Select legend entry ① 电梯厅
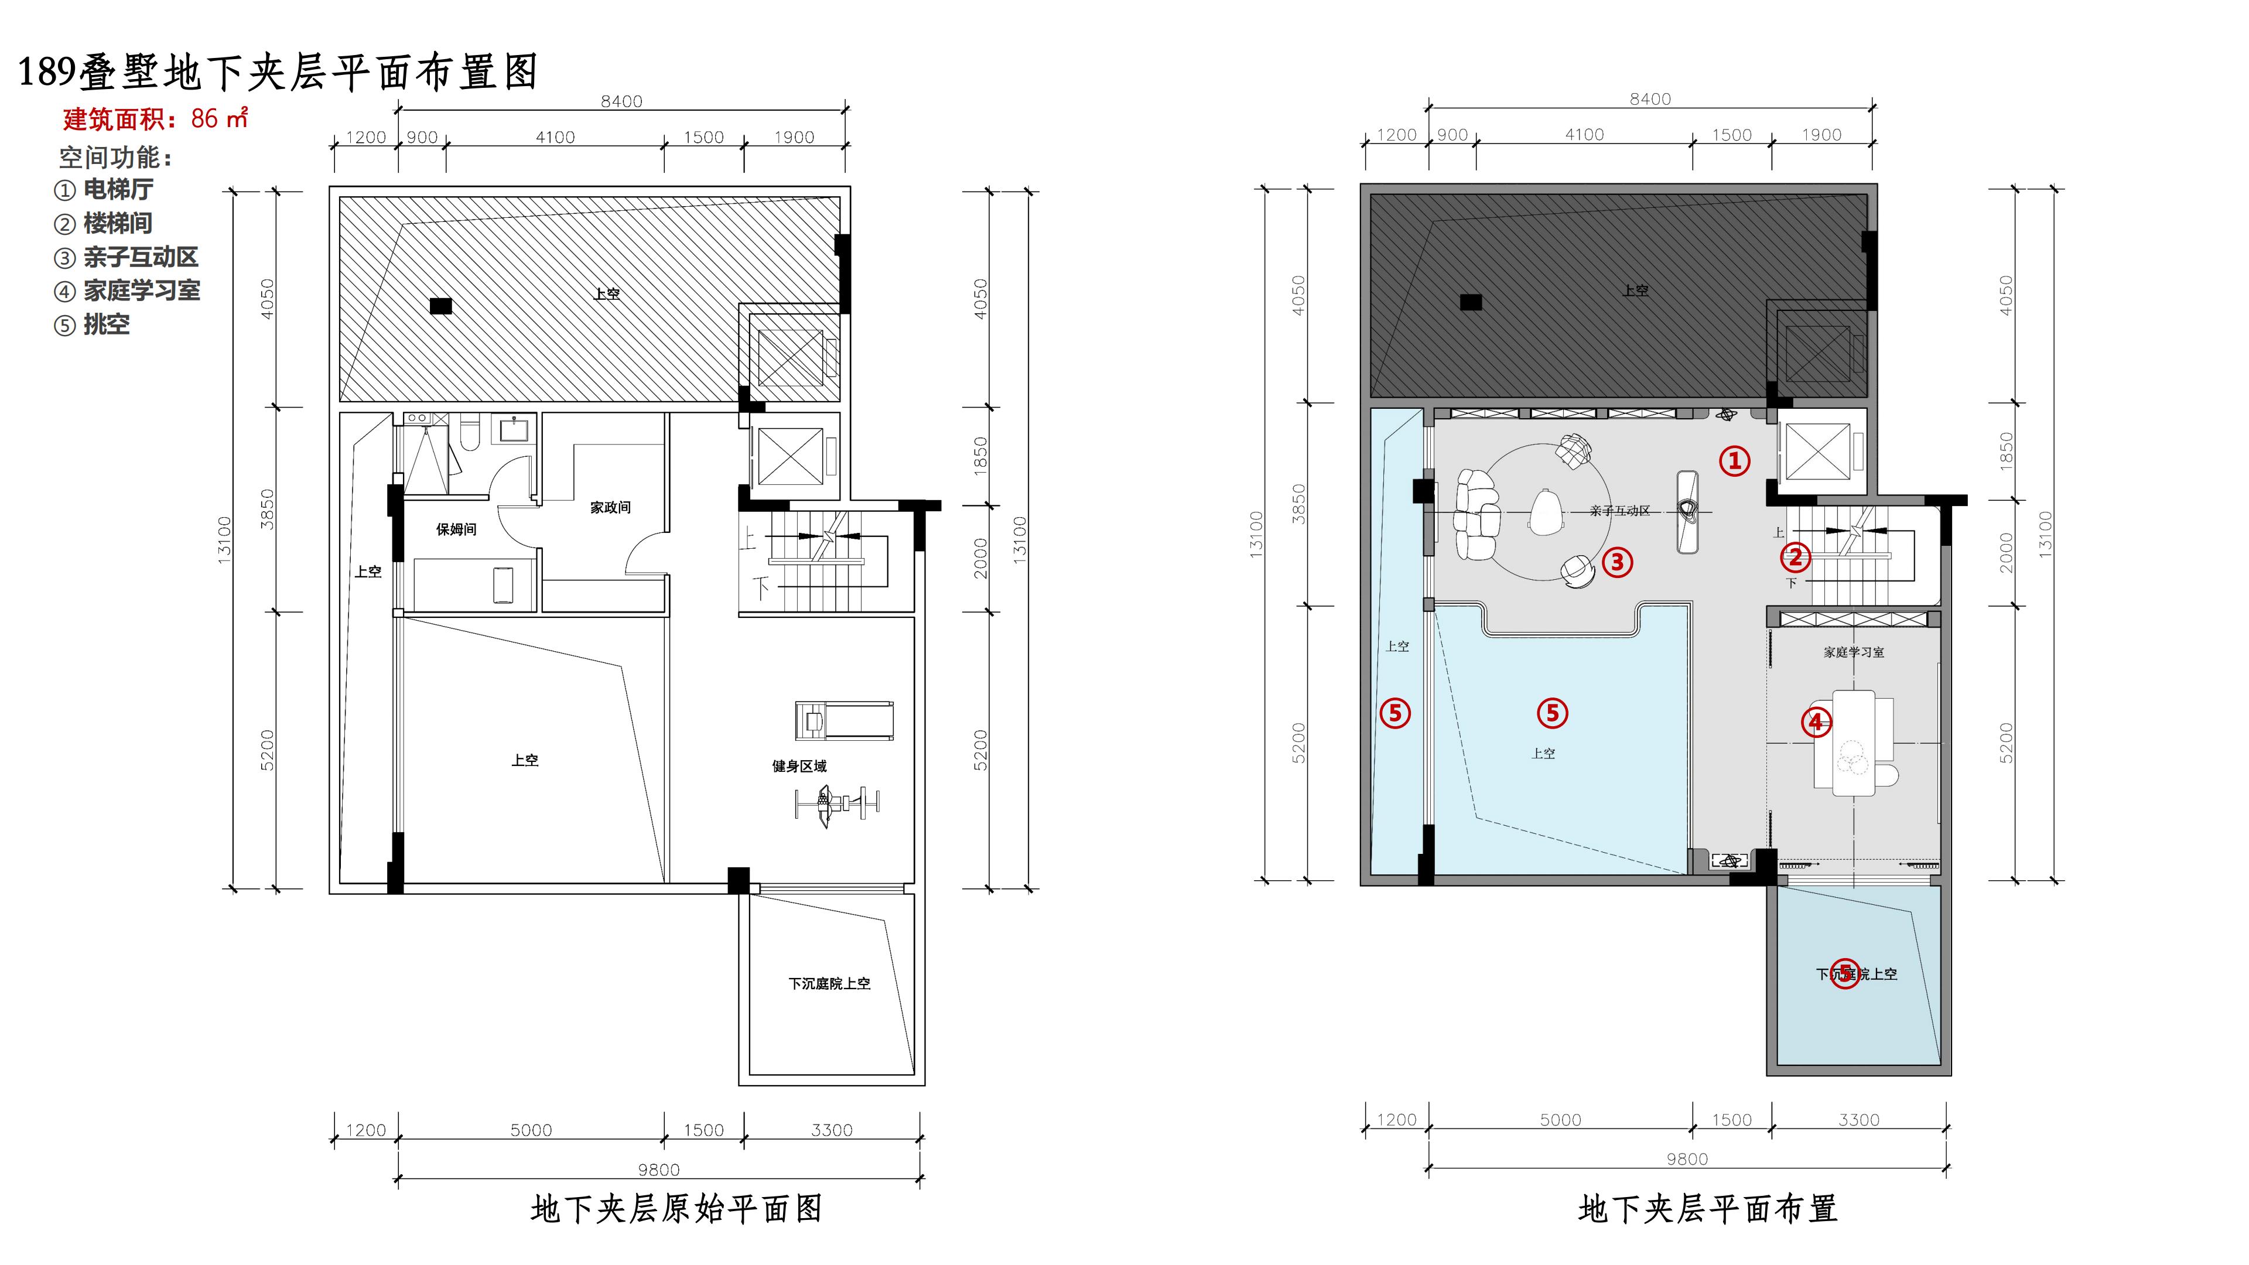coord(104,189)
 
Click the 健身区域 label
coord(799,765)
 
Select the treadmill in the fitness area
coord(843,720)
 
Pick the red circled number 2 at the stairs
coord(1795,556)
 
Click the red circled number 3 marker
coord(1617,562)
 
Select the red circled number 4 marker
coord(1817,722)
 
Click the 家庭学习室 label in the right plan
coord(1854,652)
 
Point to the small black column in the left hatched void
coord(441,306)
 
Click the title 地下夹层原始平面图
coord(676,1209)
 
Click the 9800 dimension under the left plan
coord(658,1169)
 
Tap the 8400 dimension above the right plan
coord(1650,100)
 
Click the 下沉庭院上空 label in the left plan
coord(829,984)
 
